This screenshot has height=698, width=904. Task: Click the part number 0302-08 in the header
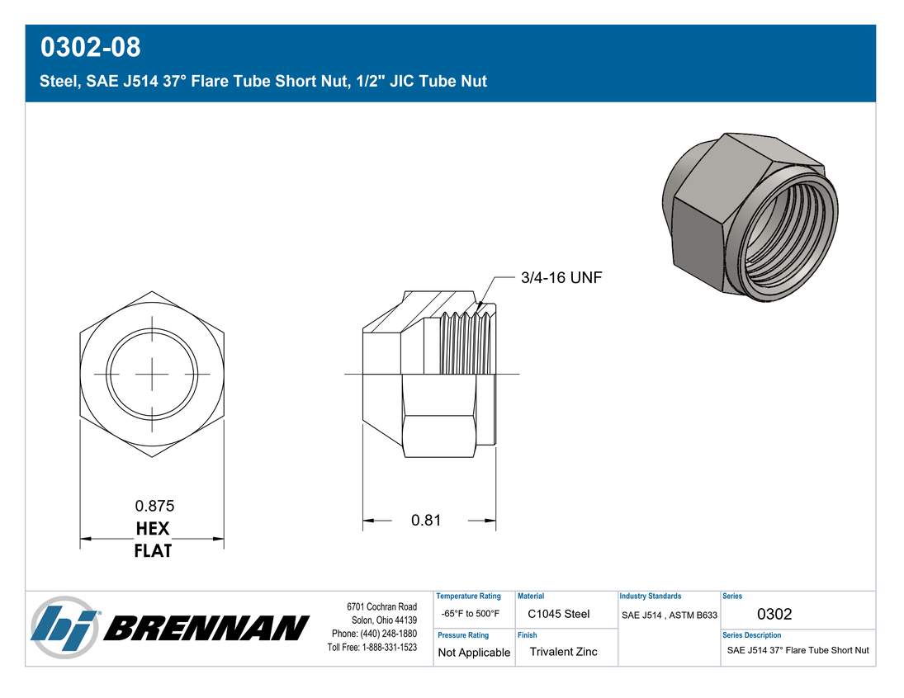coord(91,47)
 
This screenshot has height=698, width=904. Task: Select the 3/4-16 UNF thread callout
coord(561,278)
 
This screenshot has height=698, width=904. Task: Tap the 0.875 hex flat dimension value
coord(154,506)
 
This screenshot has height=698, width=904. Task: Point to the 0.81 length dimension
coord(426,521)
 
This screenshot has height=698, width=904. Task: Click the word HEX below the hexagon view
coord(153,529)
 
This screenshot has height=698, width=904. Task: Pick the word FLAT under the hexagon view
coord(153,551)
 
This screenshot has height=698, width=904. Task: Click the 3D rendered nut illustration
coord(750,217)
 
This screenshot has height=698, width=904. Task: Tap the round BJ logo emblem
coord(64,628)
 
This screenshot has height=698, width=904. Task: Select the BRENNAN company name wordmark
coord(206,628)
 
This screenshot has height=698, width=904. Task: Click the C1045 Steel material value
coord(559,614)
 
